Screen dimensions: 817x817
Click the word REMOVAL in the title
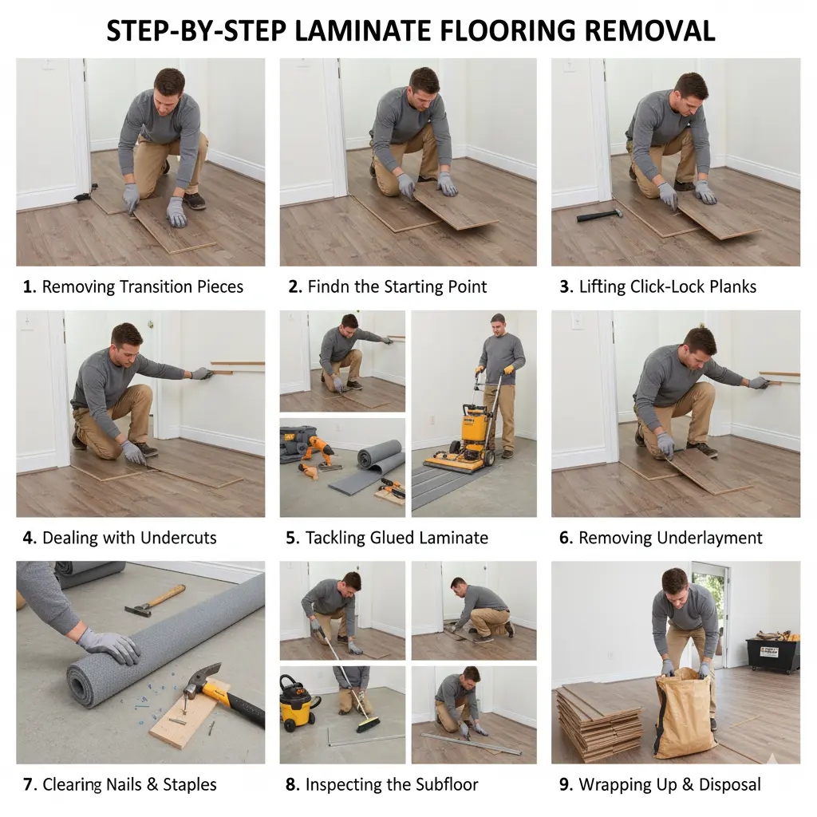[649, 30]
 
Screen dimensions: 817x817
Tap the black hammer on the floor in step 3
[599, 215]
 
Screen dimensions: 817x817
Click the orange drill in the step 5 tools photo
[320, 450]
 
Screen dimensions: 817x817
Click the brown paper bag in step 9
[684, 712]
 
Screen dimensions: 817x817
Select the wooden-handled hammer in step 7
[155, 601]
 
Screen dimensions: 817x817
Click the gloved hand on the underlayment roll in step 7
[109, 645]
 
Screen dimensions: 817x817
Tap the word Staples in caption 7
[190, 784]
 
